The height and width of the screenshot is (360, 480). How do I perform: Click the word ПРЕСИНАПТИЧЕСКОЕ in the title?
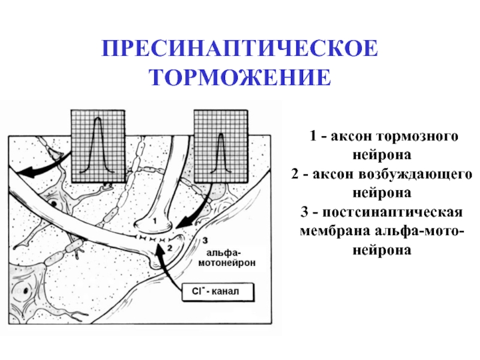click(x=239, y=49)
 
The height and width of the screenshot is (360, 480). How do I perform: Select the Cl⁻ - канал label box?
click(x=218, y=292)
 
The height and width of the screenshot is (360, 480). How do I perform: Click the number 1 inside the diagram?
click(x=155, y=220)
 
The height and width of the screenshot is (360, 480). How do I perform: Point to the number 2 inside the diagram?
click(x=170, y=248)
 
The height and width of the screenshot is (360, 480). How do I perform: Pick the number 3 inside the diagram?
click(x=205, y=241)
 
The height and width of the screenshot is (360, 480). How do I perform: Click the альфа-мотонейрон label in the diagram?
click(x=227, y=258)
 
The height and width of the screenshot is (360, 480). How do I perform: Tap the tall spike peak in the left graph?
click(x=98, y=119)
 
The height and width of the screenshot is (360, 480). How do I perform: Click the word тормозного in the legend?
click(x=417, y=136)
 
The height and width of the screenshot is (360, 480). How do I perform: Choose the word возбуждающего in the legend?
click(x=415, y=175)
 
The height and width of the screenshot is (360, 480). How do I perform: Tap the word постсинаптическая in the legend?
click(x=392, y=212)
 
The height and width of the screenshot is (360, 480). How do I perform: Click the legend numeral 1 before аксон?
click(x=313, y=136)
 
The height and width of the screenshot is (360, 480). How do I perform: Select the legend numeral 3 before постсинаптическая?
click(x=305, y=212)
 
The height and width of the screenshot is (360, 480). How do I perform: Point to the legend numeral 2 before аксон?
click(x=295, y=174)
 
